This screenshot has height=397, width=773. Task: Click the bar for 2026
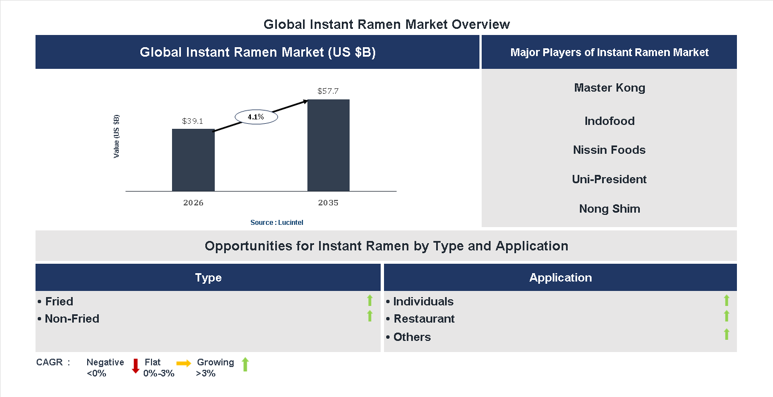193,160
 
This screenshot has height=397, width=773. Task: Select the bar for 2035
329,145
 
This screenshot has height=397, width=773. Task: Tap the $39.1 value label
193,120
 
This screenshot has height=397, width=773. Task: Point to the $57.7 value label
328,91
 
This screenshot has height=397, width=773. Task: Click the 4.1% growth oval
256,117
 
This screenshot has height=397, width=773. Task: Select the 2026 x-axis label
193,203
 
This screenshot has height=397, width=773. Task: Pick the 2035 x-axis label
328,203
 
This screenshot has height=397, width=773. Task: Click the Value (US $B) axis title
117,137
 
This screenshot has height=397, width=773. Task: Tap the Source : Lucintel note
276,222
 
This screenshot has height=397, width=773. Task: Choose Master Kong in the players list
609,88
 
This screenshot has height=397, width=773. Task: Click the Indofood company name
609,121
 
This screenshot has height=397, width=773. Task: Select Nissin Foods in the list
609,150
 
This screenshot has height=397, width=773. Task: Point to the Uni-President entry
609,179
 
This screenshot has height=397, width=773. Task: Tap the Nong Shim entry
609,209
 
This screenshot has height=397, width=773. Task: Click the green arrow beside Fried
370,300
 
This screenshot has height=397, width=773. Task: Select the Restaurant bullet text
423,319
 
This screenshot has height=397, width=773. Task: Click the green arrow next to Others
726,334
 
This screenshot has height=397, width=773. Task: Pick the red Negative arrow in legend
135,366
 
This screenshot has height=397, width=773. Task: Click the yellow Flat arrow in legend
184,363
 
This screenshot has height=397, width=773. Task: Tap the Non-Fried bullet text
72,319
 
